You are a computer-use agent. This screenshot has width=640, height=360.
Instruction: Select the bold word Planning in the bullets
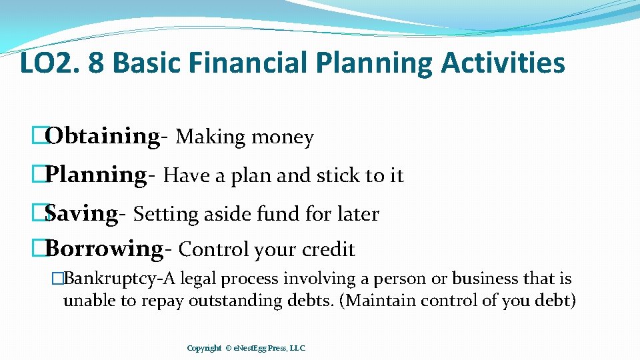point(97,175)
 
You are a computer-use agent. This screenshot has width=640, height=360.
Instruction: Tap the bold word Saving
point(82,213)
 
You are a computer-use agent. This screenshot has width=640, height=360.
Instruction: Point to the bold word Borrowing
point(105,249)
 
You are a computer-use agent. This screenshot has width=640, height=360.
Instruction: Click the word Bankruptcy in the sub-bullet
point(101,279)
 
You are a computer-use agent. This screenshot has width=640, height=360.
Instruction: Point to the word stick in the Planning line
point(338,175)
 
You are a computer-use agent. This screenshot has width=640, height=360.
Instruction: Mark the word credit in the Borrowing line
point(329,249)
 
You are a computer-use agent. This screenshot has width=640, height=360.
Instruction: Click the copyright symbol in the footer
point(229,348)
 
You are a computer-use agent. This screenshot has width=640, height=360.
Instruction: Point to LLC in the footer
point(297,348)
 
